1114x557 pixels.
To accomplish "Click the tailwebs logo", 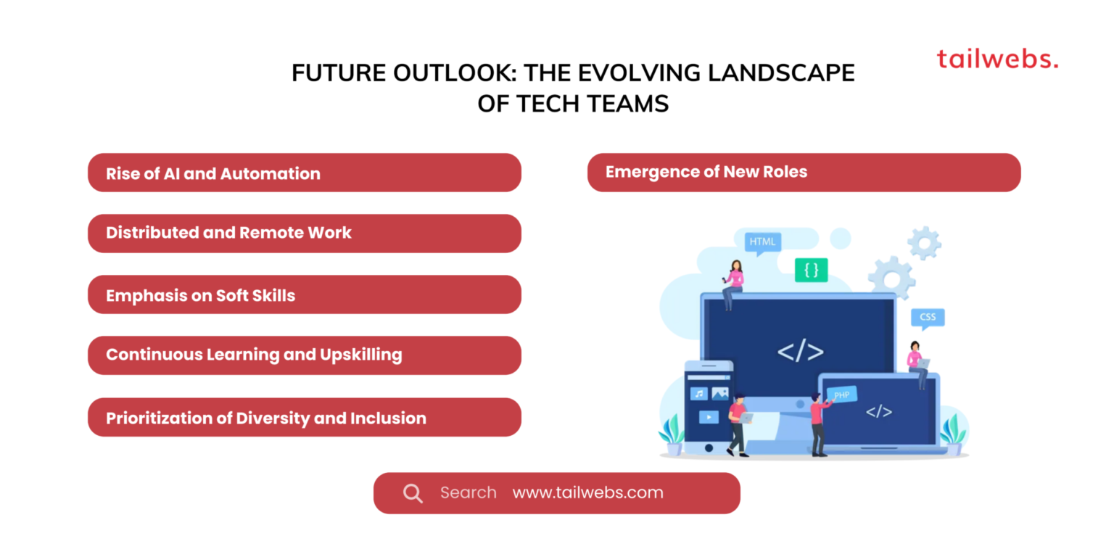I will (997, 59).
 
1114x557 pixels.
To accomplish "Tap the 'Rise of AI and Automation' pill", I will (304, 173).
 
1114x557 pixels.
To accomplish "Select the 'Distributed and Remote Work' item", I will (304, 233).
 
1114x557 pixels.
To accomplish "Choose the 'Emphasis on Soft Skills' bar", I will (304, 295).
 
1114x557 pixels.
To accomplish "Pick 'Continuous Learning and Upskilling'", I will (304, 355).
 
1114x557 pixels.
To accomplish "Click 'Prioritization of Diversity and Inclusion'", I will (304, 418).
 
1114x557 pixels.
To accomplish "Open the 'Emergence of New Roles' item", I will (804, 172).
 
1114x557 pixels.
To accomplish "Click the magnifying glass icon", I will (413, 493).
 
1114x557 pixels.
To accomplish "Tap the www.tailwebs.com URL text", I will (587, 493).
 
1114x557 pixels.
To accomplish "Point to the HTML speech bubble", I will (762, 242).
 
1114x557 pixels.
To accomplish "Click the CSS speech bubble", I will (928, 318).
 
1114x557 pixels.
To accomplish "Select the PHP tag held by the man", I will (841, 395).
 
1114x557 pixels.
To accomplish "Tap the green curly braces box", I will (811, 270).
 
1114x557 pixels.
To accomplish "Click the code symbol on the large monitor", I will (800, 352).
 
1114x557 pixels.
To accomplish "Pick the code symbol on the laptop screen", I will (878, 411).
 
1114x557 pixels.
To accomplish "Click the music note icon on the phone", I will (698, 394).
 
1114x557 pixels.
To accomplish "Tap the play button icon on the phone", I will (709, 417).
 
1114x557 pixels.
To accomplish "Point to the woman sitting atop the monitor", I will (733, 281).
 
